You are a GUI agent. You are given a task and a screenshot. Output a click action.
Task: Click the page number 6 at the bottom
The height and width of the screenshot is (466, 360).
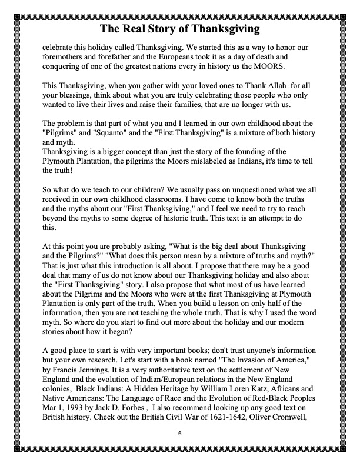point(180,433)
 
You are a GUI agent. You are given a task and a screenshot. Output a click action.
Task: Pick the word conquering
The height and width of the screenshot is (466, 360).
point(64,66)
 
